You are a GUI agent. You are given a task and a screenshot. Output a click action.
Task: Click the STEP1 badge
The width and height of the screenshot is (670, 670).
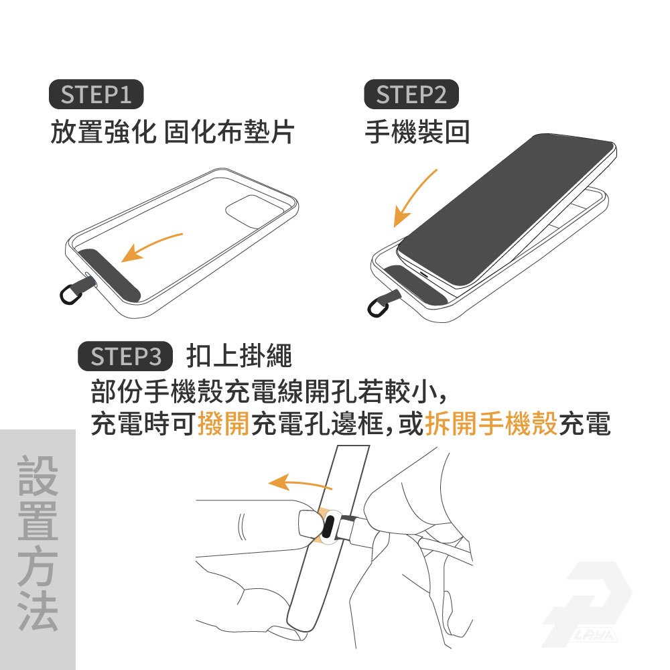(x=96, y=94)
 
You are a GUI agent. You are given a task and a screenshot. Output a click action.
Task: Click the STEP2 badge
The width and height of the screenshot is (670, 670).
(x=411, y=94)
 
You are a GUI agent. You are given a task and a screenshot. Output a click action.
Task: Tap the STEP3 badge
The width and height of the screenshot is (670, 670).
(x=125, y=356)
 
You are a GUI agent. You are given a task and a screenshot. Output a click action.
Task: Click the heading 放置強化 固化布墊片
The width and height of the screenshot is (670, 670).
(x=172, y=131)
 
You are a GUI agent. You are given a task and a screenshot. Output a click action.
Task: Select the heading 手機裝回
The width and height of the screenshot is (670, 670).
(x=417, y=131)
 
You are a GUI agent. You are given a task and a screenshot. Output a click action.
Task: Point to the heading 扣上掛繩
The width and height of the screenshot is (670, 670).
(x=239, y=356)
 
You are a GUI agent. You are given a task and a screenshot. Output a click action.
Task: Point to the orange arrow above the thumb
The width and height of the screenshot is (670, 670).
(x=299, y=483)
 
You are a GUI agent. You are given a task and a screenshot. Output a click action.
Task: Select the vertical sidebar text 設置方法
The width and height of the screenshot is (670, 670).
(x=38, y=543)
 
